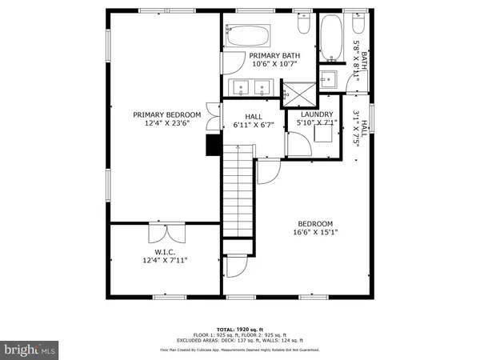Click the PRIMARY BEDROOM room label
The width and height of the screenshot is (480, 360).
tap(166, 114)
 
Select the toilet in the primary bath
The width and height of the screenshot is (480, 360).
tap(302, 26)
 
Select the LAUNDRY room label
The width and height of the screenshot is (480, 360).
tap(317, 114)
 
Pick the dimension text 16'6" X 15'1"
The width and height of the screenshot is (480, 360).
tap(316, 234)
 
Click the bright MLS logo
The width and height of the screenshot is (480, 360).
tap(30, 349)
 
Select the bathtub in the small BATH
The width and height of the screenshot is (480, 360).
tap(330, 38)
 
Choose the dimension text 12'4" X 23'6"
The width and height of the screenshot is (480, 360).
tap(166, 124)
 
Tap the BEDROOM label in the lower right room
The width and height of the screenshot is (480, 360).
tap(316, 224)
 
